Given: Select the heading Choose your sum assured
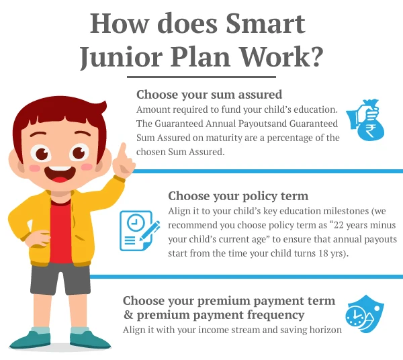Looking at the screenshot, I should coord(209,94).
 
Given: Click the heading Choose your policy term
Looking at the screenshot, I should coord(238,196).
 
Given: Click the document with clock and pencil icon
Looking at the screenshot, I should coord(139,230).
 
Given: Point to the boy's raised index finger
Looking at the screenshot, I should coord(123,152).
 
